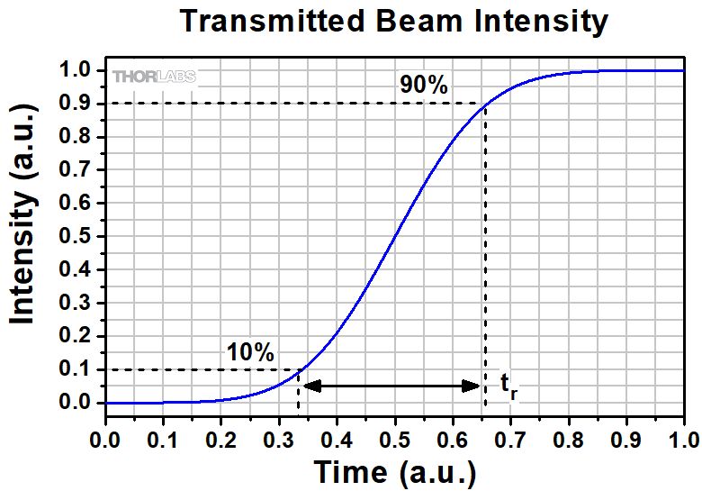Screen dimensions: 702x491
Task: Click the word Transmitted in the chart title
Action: (273, 21)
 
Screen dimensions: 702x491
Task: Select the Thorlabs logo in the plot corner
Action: (154, 77)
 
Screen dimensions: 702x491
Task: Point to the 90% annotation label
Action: (424, 84)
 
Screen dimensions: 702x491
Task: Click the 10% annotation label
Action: (250, 352)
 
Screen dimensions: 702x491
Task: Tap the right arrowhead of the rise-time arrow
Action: (471, 386)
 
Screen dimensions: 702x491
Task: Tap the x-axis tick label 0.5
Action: (394, 440)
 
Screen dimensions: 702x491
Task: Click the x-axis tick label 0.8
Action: (568, 440)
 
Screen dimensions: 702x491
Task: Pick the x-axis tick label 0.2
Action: (220, 440)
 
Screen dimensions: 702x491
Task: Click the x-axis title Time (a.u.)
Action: (395, 472)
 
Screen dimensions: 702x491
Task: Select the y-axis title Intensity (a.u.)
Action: (23, 214)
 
